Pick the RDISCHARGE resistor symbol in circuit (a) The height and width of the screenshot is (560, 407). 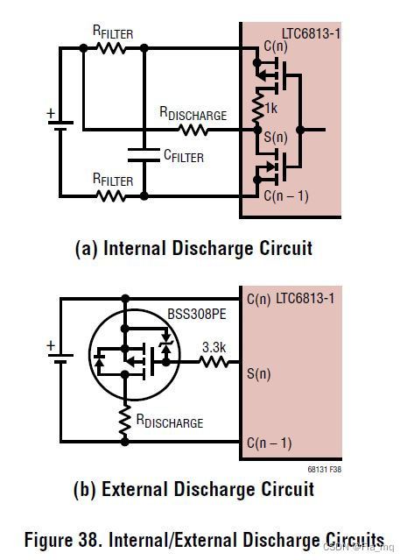click(x=193, y=131)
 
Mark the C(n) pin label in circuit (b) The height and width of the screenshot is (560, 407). click(x=259, y=300)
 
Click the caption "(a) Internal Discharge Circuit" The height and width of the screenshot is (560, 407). click(x=194, y=249)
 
